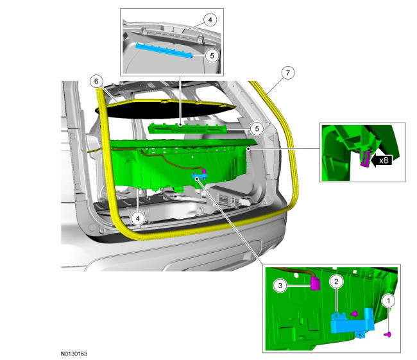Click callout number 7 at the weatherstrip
pos(288,73)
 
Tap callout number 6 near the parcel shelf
pos(96,81)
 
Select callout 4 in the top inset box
pos(210,20)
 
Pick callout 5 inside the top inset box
pos(212,56)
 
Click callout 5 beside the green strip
pos(257,128)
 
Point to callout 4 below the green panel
pos(138,218)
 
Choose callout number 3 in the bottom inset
pos(280,286)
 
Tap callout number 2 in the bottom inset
pos(336,282)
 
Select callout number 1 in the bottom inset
pos(388,301)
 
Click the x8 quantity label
pos(384,160)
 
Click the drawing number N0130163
pos(74,354)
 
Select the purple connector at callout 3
pos(315,284)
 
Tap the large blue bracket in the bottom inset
pos(352,322)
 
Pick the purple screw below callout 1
pos(388,334)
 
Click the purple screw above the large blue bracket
pos(354,314)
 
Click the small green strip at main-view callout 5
pos(187,129)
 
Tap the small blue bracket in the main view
pos(199,175)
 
